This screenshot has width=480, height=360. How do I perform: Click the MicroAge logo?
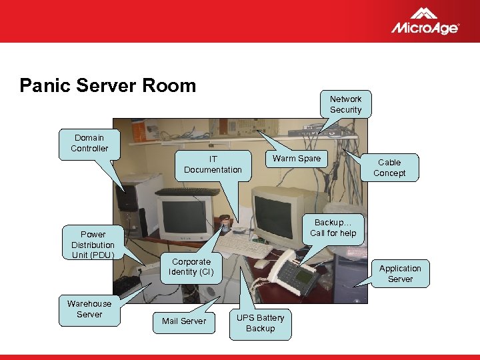(424, 21)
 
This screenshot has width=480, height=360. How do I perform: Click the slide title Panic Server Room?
(108, 85)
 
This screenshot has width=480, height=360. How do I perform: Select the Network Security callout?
(345, 105)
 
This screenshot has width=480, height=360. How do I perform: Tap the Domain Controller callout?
(89, 143)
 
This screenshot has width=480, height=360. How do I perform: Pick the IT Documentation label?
(213, 165)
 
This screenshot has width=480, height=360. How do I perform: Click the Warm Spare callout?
(296, 159)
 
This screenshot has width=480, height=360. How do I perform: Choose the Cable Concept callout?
(389, 168)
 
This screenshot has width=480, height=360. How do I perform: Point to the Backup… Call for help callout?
(333, 228)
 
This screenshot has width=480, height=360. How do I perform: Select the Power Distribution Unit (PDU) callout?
(93, 244)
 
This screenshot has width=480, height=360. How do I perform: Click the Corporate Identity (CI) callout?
(191, 267)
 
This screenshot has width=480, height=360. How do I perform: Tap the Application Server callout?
(400, 273)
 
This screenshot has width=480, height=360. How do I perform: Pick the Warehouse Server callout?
(89, 309)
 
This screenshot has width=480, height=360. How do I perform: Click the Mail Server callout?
(184, 321)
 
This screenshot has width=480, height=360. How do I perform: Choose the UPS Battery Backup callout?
(260, 323)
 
